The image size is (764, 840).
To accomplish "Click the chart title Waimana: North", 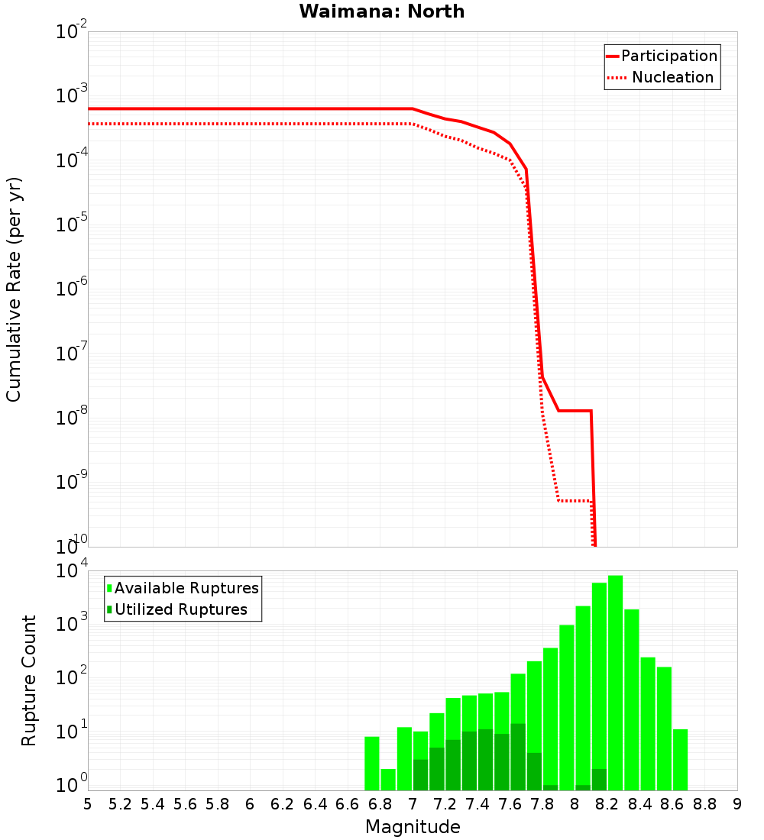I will [382, 11].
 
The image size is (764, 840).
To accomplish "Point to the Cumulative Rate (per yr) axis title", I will [14, 289].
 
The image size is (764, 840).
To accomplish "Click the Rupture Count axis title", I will [29, 680].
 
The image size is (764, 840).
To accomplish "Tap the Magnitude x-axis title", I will [413, 827].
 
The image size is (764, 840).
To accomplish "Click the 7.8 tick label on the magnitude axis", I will [542, 804].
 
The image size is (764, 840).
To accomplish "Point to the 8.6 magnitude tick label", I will [672, 804].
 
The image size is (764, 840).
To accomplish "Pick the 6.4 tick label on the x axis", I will [315, 804].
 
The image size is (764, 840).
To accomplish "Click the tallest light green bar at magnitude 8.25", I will [616, 680].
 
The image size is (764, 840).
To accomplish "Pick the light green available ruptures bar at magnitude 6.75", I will [372, 764].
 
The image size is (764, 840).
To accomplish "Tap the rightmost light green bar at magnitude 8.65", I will [680, 760].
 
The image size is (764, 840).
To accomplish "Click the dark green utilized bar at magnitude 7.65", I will [518, 756].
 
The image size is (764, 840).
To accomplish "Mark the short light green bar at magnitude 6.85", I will [388, 780].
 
